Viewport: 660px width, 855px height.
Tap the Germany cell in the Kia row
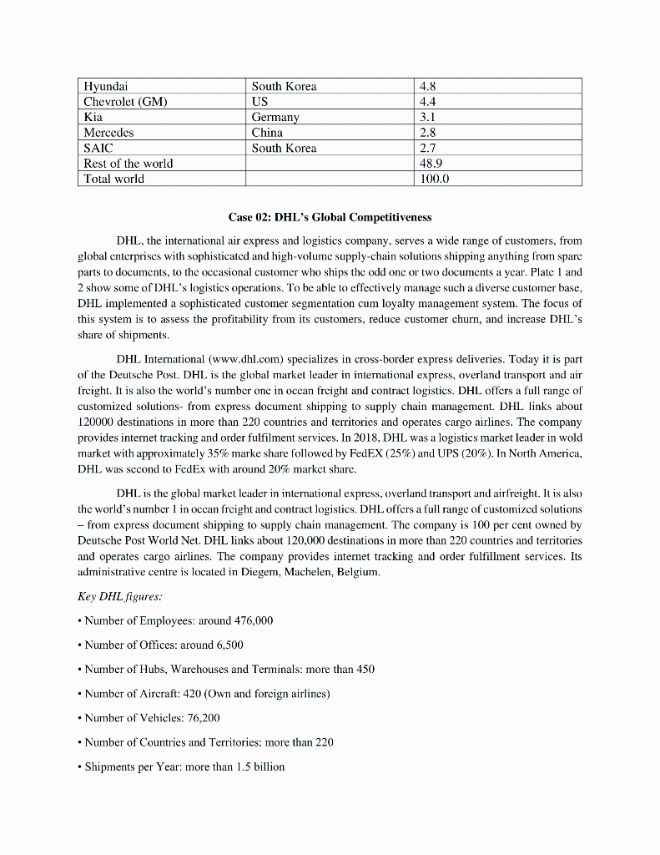(x=275, y=117)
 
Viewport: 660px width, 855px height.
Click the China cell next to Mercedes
(x=267, y=132)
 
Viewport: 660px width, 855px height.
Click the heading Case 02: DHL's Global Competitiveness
(x=330, y=218)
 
